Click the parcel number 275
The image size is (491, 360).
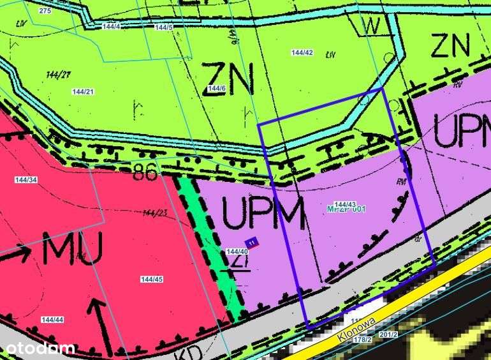coord(45,11)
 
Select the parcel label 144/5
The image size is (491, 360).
coord(164,27)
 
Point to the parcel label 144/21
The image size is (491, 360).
coord(83,92)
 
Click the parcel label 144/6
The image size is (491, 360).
coord(217,88)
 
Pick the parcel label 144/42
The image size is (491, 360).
coord(302,52)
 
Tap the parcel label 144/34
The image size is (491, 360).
coord(26,180)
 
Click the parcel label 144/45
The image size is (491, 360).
coord(152,279)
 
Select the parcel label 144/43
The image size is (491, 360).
coord(345,204)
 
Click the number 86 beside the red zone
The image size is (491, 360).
coord(145,174)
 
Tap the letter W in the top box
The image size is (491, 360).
coord(372,26)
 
